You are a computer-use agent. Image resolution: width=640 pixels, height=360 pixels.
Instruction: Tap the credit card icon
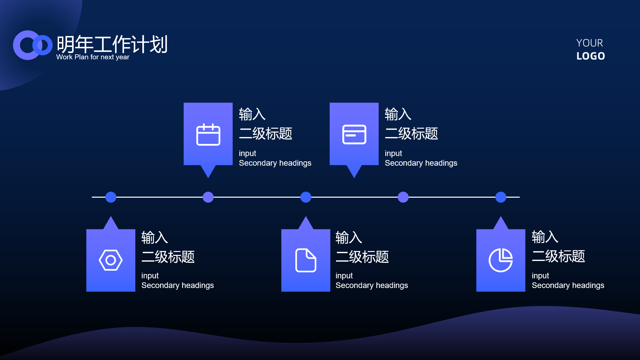pos(354,134)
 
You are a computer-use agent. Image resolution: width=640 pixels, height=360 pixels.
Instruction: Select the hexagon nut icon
pos(111,260)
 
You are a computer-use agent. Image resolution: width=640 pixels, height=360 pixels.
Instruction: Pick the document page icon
pos(306,260)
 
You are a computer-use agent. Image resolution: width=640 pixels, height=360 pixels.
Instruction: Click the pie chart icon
pos(501,260)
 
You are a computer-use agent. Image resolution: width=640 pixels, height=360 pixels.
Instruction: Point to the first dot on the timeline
pos(111,197)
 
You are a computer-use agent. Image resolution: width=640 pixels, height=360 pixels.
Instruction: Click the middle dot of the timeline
pos(306,197)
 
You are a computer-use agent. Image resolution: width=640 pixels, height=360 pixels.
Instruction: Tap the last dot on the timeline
pos(501,197)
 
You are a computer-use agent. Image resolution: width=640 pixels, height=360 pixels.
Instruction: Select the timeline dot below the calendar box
pos(208,197)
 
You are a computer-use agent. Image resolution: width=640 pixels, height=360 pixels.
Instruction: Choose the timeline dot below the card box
pos(403,197)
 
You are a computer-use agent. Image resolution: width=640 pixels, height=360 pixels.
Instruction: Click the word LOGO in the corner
pos(591,56)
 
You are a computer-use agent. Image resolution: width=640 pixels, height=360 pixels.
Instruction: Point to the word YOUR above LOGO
pos(590,43)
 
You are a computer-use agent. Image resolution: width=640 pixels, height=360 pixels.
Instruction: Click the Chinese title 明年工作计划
pos(112,44)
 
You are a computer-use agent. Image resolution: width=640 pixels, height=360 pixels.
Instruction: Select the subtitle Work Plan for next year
pos(93,57)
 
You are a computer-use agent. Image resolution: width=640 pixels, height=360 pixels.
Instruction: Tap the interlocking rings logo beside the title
pos(33,45)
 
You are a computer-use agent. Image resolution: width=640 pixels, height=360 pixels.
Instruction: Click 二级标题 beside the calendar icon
pos(266,134)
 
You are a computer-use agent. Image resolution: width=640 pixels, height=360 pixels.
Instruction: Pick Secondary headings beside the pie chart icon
pos(568,285)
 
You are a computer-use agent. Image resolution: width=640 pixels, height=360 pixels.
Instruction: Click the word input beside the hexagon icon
pos(150,276)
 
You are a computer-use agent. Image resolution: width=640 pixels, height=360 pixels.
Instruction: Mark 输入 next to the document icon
pos(349,237)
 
